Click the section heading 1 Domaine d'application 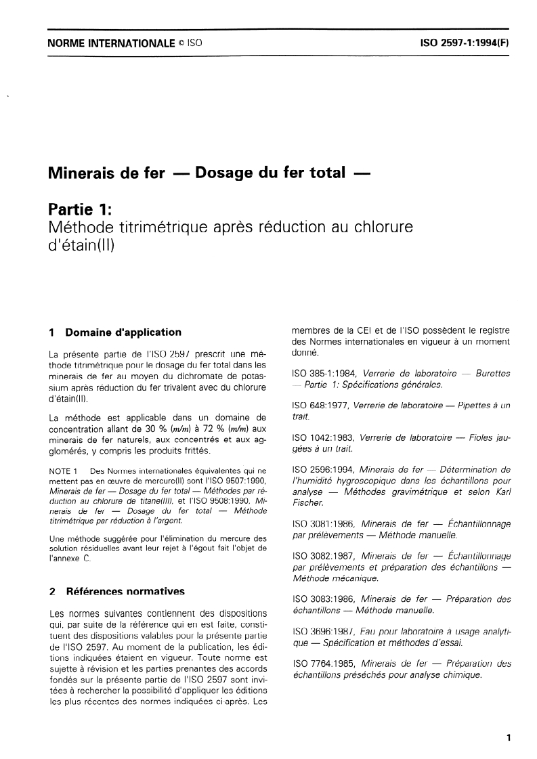click(x=116, y=332)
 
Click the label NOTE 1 click(x=66, y=470)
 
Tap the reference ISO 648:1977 click(x=317, y=405)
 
